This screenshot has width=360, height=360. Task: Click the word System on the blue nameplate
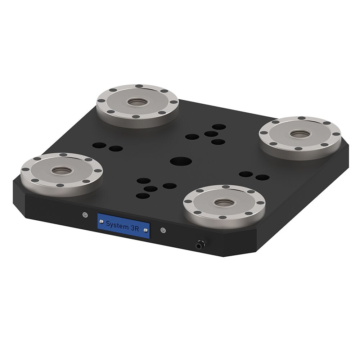pos(117,224)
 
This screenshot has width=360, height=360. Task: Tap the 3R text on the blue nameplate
pos(135,228)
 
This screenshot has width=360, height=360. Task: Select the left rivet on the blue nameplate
pos(101,221)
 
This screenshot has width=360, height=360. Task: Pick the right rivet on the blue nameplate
pos(145,230)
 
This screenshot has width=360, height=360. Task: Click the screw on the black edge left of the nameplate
pos(85,215)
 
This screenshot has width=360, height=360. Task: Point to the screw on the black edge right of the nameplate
pos(163,230)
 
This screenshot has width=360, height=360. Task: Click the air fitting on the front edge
pos(199,245)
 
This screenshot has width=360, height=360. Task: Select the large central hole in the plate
pos(181,161)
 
